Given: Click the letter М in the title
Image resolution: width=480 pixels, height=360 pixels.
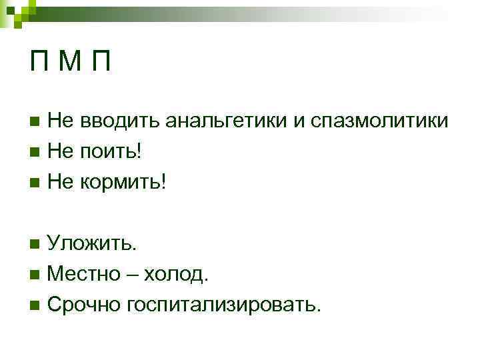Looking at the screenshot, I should [x=69, y=63].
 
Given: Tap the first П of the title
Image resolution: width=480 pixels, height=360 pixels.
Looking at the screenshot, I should [x=39, y=63].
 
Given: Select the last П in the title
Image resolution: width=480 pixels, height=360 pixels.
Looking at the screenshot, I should [x=100, y=63].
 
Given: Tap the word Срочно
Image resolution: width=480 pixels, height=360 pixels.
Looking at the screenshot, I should [x=85, y=304].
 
